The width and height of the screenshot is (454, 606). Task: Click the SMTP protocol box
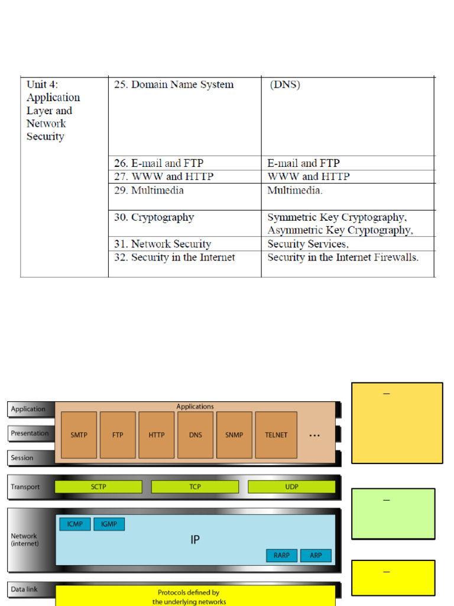(79, 435)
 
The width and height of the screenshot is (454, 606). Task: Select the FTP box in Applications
(118, 435)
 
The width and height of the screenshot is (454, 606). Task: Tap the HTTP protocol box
(157, 435)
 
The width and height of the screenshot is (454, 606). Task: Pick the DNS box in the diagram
(195, 435)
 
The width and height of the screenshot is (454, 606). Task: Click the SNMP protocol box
(234, 435)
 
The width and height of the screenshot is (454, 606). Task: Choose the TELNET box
(276, 435)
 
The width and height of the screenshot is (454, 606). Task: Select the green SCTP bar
(98, 487)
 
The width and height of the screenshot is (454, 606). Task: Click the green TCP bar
(195, 487)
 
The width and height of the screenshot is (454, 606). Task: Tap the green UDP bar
(291, 487)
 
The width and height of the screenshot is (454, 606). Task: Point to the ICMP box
(75, 524)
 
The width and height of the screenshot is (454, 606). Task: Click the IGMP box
(109, 524)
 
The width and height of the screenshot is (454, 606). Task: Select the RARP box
(281, 556)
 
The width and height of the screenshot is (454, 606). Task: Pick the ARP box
(316, 556)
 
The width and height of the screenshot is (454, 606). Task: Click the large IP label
(195, 540)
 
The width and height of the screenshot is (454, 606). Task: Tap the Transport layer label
(25, 487)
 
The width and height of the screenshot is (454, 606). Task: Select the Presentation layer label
(30, 433)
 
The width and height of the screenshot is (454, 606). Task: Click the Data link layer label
(24, 589)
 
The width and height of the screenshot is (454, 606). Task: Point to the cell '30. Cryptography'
(154, 217)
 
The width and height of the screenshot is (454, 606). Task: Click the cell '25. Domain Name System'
(173, 85)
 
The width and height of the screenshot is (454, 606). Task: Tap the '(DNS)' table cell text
(285, 85)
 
